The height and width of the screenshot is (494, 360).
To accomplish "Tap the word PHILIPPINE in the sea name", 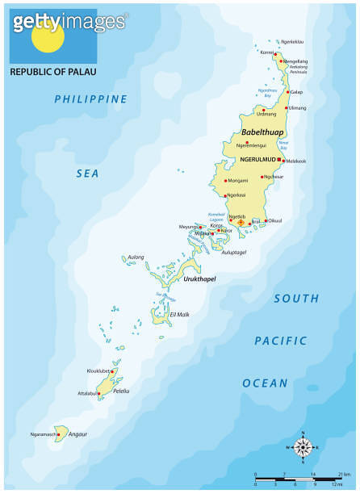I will pos(90,99).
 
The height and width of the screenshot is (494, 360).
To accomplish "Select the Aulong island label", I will pos(136,257).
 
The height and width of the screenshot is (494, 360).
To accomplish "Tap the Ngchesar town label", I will pos(295,176).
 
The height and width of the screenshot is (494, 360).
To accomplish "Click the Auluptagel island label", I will pos(233,253).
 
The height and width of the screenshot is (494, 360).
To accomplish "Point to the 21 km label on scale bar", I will pos(343,474).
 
